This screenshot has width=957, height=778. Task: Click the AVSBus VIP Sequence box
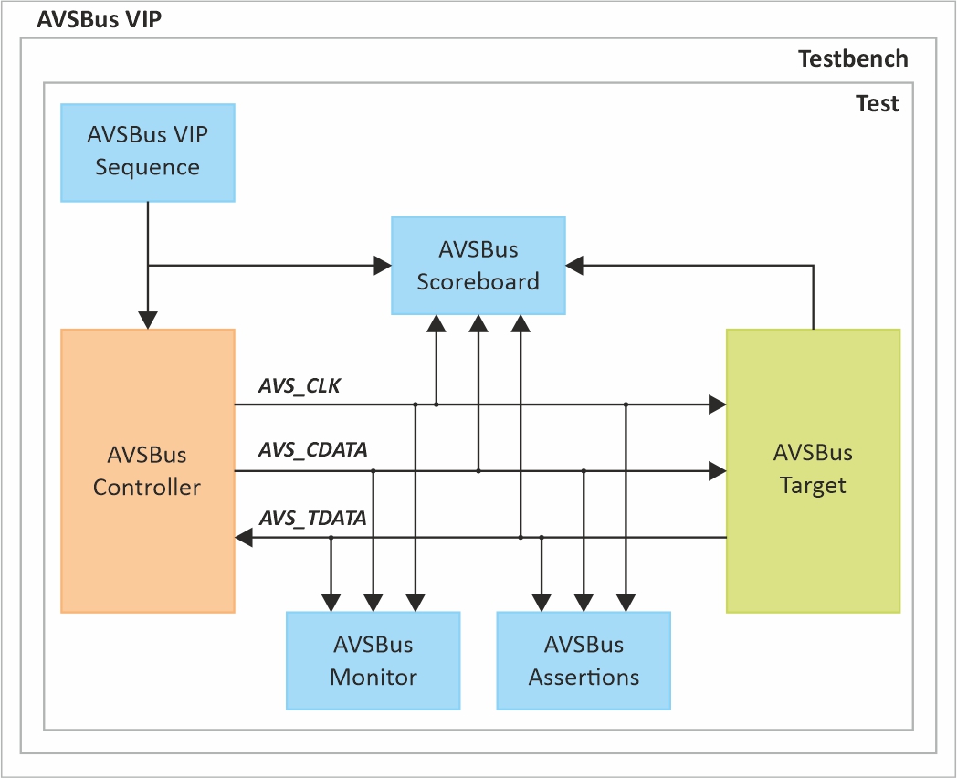click(147, 152)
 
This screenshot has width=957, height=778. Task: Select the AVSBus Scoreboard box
click(478, 265)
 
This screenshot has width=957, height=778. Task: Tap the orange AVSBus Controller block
click(147, 470)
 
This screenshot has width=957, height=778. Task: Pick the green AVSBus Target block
click(812, 469)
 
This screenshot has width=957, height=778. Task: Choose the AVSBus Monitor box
click(373, 660)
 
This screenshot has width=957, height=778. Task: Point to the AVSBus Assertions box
click(583, 660)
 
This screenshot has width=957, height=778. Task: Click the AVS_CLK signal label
click(300, 386)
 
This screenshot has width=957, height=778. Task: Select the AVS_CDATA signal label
click(313, 450)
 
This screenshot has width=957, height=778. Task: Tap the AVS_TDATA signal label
click(313, 519)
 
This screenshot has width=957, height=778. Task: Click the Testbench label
click(853, 59)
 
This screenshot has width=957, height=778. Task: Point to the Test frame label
click(877, 103)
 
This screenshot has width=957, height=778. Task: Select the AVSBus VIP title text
click(99, 19)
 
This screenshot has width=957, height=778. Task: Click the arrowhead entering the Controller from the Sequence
click(148, 320)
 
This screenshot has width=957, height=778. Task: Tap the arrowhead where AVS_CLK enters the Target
click(717, 404)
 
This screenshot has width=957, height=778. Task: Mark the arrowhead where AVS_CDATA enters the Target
click(717, 471)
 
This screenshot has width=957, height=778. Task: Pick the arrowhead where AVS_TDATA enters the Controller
click(245, 538)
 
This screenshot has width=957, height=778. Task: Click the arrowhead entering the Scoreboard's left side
click(383, 266)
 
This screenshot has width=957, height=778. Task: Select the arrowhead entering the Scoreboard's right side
click(574, 266)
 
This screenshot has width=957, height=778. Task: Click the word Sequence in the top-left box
click(147, 167)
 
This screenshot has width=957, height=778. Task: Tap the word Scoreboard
click(478, 281)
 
